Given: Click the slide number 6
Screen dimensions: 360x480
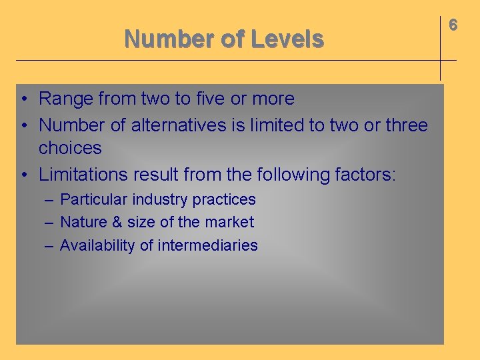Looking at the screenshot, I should pyautogui.click(x=453, y=25).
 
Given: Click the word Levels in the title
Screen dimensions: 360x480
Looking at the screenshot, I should pyautogui.click(x=287, y=39).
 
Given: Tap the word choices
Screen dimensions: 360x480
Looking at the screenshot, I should pyautogui.click(x=70, y=148).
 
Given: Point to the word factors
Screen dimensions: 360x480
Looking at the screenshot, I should pyautogui.click(x=367, y=175).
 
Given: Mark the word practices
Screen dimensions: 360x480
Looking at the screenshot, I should pyautogui.click(x=224, y=199).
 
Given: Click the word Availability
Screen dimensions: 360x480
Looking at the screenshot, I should pyautogui.click(x=98, y=245).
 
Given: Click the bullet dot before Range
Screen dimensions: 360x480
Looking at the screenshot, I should pyautogui.click(x=23, y=99).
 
